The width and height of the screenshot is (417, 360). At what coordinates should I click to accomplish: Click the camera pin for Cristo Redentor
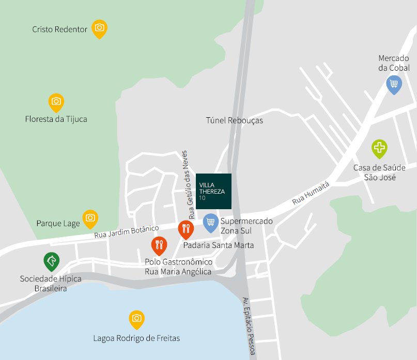pyautogui.click(x=99, y=28)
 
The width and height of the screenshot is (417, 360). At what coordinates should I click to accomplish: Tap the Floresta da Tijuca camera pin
pyautogui.click(x=56, y=102)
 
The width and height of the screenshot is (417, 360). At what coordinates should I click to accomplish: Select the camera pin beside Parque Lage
pyautogui.click(x=90, y=218)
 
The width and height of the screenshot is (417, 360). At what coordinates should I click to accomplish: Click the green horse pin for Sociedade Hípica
pyautogui.click(x=52, y=261)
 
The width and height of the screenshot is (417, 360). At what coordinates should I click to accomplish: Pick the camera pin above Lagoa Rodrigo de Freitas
pyautogui.click(x=136, y=318)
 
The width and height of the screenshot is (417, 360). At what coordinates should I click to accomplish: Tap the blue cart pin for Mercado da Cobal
pyautogui.click(x=394, y=84)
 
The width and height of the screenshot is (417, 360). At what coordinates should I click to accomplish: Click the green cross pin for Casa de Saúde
pyautogui.click(x=380, y=148)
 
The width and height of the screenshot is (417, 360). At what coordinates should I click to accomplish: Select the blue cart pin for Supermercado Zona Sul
pyautogui.click(x=210, y=222)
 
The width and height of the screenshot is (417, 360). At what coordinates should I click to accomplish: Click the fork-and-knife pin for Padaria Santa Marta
pyautogui.click(x=186, y=228)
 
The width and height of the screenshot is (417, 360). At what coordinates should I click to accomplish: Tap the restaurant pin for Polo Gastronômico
pyautogui.click(x=159, y=245)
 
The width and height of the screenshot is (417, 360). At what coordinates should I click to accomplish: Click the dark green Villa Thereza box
pyautogui.click(x=214, y=191)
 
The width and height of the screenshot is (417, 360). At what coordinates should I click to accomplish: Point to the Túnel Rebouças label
pyautogui.click(x=235, y=120)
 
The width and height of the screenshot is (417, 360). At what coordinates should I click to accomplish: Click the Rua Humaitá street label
pyautogui.click(x=310, y=193)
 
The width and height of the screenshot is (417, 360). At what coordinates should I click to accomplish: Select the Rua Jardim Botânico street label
pyautogui.click(x=126, y=231)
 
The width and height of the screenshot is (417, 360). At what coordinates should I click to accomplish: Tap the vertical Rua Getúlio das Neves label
pyautogui.click(x=188, y=184)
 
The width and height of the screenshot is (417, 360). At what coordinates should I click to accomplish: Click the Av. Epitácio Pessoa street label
pyautogui.click(x=249, y=325)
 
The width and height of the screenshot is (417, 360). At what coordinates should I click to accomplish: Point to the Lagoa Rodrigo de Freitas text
pyautogui.click(x=136, y=339)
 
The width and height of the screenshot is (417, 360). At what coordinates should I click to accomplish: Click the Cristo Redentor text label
pyautogui.click(x=59, y=29)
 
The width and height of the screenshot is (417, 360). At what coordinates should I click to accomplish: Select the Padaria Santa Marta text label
pyautogui.click(x=219, y=245)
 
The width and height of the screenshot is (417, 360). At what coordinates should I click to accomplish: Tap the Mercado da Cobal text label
pyautogui.click(x=394, y=63)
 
